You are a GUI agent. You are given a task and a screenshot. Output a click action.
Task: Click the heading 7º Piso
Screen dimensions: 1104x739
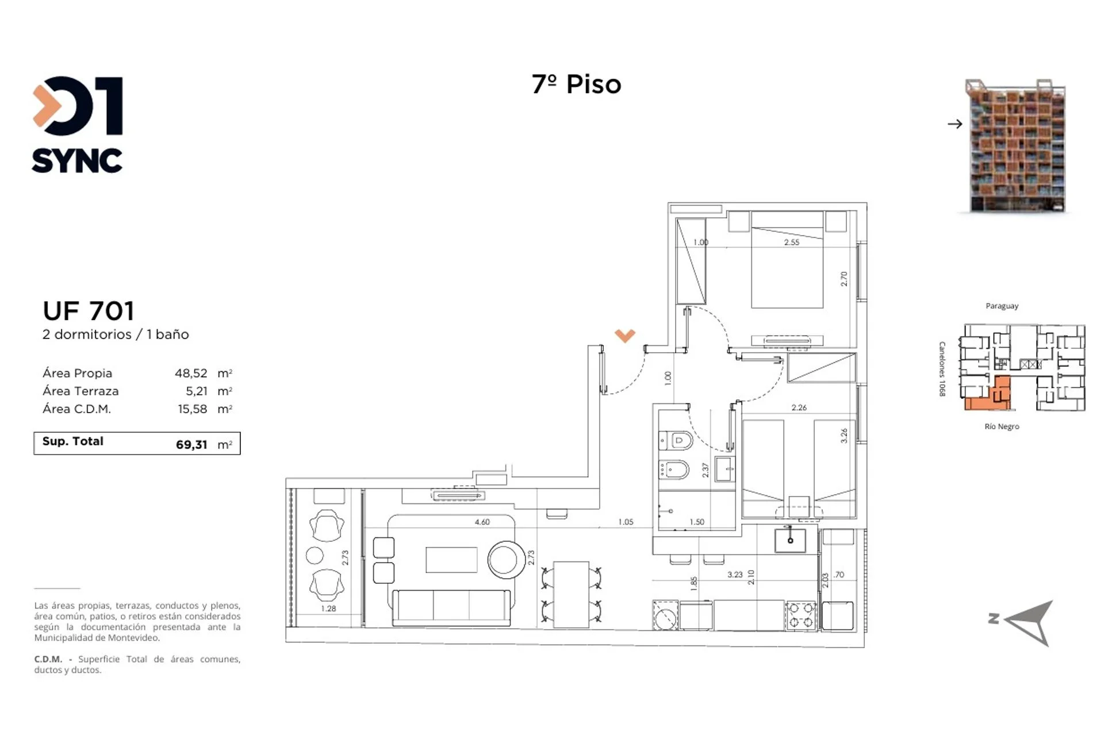coord(576,84)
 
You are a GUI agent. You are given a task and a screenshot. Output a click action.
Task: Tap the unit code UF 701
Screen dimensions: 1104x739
coord(89,311)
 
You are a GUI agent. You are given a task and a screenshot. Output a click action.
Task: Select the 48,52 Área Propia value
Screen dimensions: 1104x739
coord(191,374)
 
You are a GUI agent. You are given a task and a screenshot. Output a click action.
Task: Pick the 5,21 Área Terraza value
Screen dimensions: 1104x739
coord(197,391)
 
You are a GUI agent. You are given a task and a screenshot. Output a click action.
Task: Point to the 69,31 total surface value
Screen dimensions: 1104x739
coord(191,445)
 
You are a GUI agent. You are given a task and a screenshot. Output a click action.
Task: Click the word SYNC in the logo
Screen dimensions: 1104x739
coord(77,161)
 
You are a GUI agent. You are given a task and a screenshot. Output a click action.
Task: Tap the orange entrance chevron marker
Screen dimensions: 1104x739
coord(625,336)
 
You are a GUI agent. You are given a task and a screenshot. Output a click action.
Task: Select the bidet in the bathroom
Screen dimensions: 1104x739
coord(674,470)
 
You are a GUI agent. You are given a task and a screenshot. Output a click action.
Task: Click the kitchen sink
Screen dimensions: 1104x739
coord(790,540)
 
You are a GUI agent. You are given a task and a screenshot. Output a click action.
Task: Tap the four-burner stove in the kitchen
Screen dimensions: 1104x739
coord(801,615)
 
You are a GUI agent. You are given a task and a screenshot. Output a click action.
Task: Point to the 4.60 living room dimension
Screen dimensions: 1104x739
coord(482,522)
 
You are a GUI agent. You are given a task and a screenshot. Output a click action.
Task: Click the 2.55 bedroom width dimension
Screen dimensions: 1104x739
coord(792,243)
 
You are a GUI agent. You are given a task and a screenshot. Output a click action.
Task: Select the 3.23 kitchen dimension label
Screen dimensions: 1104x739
coord(735,575)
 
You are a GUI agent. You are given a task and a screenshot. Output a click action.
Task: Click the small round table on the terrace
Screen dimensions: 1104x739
coord(315,555)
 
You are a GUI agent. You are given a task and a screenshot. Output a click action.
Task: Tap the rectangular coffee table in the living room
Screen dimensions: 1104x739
coord(451,560)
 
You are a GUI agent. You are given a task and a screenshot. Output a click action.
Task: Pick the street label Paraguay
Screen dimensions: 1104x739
coord(1002,306)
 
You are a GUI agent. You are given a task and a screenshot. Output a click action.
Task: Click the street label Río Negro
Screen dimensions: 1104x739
coord(1002,426)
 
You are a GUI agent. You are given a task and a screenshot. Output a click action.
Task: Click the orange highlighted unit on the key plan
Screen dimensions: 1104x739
coord(996,395)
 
